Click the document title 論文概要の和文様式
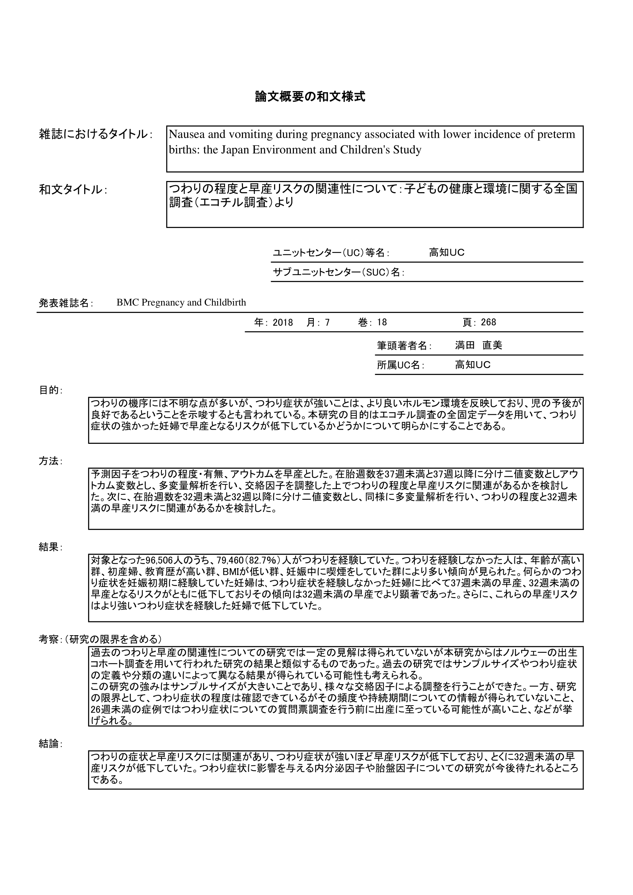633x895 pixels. pos(310,96)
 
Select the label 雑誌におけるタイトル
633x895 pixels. pos(93,134)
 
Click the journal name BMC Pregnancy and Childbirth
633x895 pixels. pos(181,303)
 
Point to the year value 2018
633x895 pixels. pos(282,322)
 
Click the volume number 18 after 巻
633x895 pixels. pos(382,322)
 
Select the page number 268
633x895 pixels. pos(488,322)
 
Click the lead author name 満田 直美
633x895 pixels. pos(478,346)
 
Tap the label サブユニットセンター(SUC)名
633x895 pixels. pos(336,272)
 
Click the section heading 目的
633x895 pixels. pos(49,390)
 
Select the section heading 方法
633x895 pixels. pos(49,461)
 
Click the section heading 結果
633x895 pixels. pos(49,547)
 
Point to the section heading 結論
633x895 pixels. pos(49,744)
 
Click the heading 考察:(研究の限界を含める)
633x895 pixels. pos(100,639)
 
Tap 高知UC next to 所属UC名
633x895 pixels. pos(472,365)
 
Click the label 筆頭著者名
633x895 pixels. pos(402,346)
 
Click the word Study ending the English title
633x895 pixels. pos(407,150)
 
